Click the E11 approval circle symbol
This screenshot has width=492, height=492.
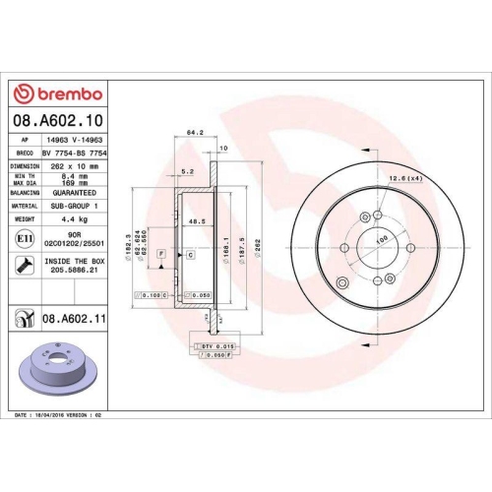pyautogui.click(x=23, y=238)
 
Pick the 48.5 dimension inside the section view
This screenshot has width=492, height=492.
pyautogui.click(x=197, y=222)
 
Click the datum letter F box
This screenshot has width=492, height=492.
pyautogui.click(x=159, y=255)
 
